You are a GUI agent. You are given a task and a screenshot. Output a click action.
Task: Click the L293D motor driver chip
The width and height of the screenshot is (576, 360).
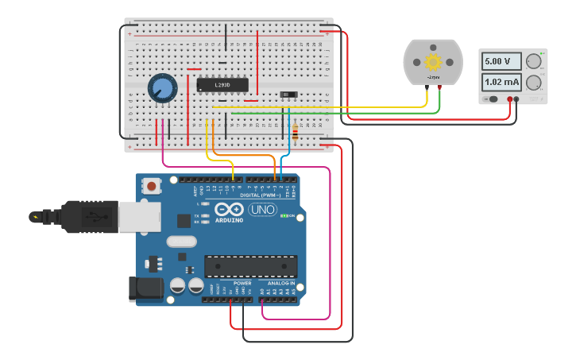222,85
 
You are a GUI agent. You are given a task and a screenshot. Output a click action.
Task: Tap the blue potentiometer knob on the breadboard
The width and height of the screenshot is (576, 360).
162,88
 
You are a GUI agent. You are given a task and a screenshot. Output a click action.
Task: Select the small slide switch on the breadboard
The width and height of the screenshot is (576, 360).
290,95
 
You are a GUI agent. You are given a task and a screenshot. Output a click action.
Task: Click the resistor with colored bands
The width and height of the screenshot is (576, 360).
296,132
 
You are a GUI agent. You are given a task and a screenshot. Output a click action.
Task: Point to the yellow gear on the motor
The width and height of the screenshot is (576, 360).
432,62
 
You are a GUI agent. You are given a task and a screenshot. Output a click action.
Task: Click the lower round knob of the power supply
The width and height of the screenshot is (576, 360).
534,83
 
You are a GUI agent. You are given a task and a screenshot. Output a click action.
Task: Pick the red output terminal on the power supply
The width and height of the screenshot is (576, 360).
510,99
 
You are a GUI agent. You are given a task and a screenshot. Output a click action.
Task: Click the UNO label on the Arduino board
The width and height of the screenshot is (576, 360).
262,210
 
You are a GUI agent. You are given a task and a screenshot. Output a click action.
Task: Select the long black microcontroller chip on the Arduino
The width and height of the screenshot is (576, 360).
251,266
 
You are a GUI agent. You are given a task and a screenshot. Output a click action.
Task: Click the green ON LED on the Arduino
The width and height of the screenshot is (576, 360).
284,216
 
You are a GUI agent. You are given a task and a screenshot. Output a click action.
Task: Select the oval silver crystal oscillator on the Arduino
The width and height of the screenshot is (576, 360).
181,242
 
